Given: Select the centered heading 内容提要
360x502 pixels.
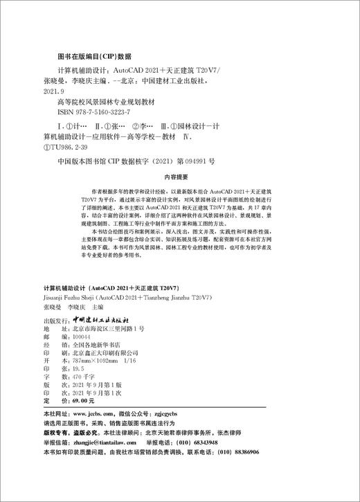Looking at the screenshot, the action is coord(180,177).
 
